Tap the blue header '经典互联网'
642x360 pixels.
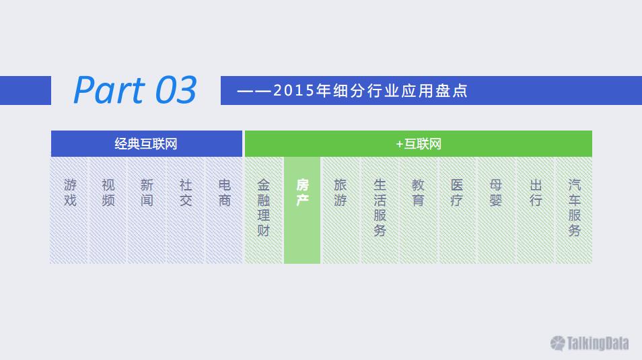click(x=146, y=144)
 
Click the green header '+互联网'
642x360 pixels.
click(x=419, y=144)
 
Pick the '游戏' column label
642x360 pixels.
click(x=70, y=192)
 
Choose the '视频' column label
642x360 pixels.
click(x=108, y=192)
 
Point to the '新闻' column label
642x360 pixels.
click(x=147, y=192)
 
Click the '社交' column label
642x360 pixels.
click(x=186, y=192)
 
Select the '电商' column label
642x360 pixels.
click(x=224, y=192)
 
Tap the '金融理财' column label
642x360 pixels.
click(x=263, y=208)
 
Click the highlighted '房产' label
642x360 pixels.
click(x=302, y=192)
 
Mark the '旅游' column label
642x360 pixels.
click(x=341, y=192)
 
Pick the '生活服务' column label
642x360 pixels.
click(x=380, y=208)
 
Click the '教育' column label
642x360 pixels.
click(x=418, y=192)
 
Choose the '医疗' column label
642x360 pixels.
click(x=456, y=192)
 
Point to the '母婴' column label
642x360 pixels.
click(x=495, y=192)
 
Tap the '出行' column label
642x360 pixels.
click(x=536, y=192)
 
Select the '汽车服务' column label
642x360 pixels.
click(x=574, y=208)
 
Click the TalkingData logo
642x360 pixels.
click(x=590, y=343)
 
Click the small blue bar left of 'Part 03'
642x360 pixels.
click(x=26, y=91)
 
